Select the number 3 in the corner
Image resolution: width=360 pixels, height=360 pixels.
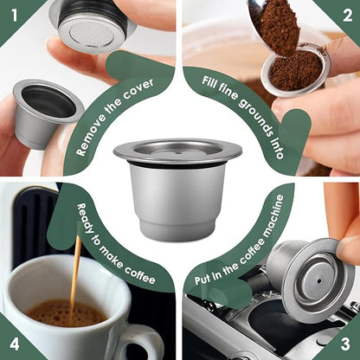coord(346,345)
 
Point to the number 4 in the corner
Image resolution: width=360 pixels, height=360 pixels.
coord(13,345)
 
